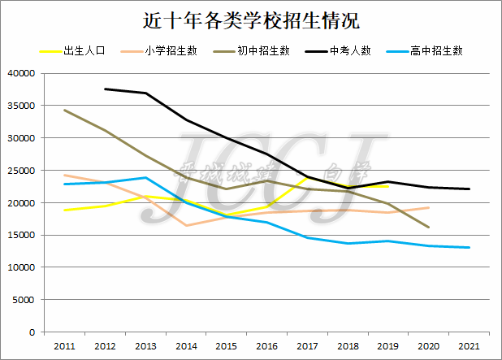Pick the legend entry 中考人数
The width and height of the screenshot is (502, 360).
[350, 51]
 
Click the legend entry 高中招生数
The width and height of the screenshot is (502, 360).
[436, 51]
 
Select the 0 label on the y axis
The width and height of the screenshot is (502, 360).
[32, 332]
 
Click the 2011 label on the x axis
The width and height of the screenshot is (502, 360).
[64, 346]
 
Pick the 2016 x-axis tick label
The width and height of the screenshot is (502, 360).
[266, 346]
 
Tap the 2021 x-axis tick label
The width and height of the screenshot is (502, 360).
[469, 346]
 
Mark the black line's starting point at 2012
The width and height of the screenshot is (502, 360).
[105, 89]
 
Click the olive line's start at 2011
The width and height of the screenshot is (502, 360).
[64, 111]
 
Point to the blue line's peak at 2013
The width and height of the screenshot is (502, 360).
[145, 177]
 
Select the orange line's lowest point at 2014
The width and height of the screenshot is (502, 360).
[186, 225]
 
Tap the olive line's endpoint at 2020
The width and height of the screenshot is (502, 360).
[429, 228]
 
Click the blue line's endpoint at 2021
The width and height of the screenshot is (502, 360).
[470, 248]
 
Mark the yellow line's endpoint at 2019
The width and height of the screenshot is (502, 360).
[388, 186]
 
